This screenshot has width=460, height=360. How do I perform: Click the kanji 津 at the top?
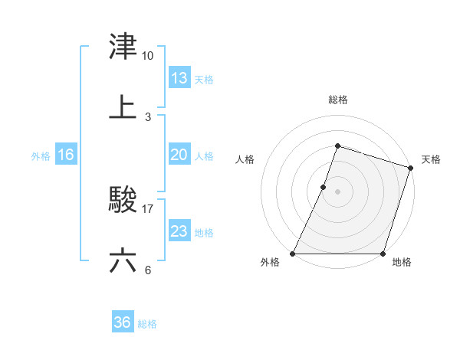[123, 47]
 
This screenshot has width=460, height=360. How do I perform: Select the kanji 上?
[123, 107]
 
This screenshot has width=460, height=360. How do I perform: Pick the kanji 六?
[123, 260]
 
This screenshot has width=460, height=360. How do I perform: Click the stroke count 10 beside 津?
[148, 56]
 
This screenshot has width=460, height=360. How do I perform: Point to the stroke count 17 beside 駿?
[148, 208]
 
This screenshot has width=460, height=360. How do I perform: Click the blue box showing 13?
[179, 78]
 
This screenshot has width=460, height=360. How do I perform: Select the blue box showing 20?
[179, 155]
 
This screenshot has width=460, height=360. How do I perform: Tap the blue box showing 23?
[179, 231]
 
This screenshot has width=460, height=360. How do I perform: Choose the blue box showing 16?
[65, 155]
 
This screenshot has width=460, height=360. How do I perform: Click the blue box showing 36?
[122, 322]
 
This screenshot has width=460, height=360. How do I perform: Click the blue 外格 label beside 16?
[41, 156]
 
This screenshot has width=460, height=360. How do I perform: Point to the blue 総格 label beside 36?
[147, 324]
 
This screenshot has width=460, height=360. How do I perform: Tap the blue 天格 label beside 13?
[204, 80]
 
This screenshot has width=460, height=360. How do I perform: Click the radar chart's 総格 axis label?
[338, 100]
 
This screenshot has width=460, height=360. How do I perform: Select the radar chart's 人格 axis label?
[245, 159]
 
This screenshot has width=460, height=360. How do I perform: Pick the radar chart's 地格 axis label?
[402, 263]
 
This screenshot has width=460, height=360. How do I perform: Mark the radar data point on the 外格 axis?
[293, 254]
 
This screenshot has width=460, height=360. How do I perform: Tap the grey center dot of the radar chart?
[338, 191]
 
